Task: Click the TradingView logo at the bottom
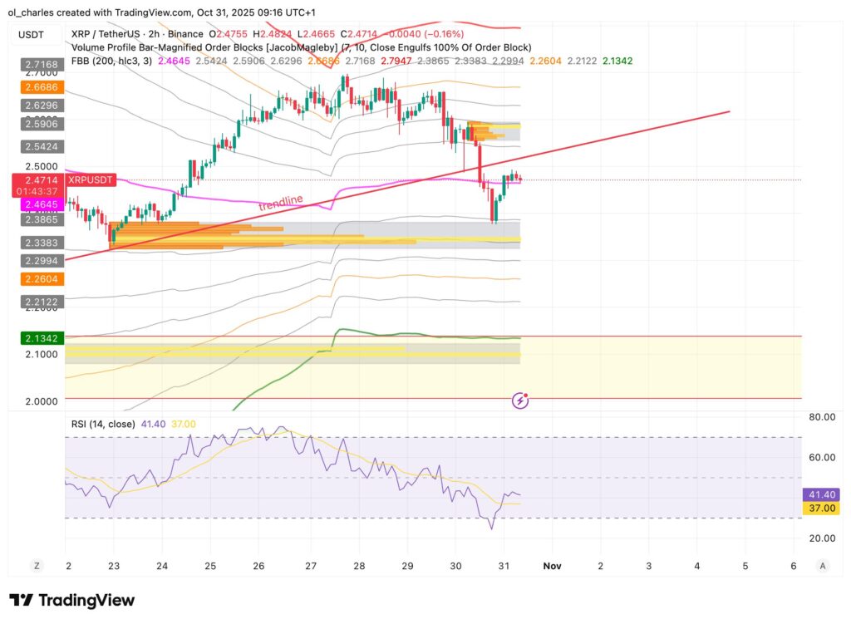click(71, 600)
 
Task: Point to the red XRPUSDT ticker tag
click(91, 179)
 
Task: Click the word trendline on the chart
click(280, 204)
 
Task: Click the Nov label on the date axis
click(552, 566)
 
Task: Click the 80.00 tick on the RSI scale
click(820, 417)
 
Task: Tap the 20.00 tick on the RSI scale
click(820, 538)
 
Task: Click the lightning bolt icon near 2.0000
click(520, 401)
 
